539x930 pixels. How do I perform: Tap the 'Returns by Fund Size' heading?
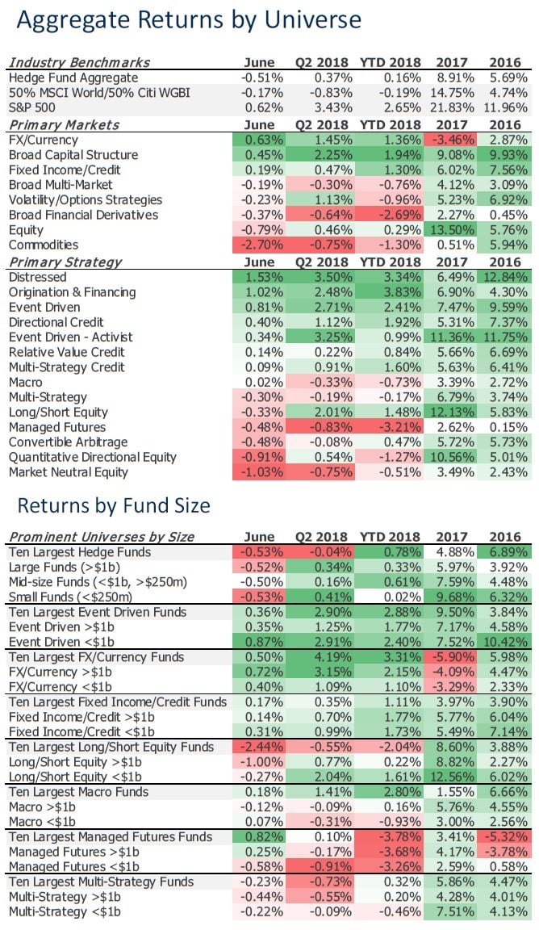click(114, 505)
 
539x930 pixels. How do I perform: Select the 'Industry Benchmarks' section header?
click(79, 62)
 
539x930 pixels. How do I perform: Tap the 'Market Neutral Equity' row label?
click(69, 472)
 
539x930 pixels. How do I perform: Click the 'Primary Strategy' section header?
click(65, 262)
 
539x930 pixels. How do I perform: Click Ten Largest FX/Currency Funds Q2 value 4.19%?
click(328, 657)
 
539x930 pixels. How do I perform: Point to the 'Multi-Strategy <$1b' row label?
click(65, 911)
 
